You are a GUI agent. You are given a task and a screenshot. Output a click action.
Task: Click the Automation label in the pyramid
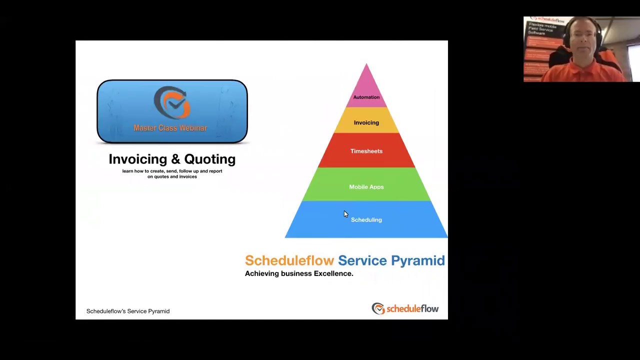(366, 97)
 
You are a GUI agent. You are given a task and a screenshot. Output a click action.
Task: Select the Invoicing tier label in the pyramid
(366, 122)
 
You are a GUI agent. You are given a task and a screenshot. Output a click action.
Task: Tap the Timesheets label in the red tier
(366, 151)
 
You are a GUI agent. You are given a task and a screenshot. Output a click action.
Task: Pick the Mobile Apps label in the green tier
(366, 187)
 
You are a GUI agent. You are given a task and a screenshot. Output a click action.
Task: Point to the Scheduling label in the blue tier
(366, 220)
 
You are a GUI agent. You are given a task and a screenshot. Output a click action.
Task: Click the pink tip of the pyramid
(366, 75)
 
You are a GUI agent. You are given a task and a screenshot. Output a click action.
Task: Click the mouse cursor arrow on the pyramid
(345, 214)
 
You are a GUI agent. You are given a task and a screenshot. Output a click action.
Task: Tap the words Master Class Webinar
(170, 128)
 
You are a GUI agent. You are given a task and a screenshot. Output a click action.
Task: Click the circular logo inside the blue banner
(171, 102)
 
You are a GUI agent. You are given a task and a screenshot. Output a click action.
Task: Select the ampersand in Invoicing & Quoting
(175, 159)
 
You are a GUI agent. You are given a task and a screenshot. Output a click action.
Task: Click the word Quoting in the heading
(210, 159)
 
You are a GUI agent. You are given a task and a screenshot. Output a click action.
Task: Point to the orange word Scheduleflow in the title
(289, 260)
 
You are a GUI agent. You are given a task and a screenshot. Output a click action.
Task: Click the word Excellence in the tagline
(333, 273)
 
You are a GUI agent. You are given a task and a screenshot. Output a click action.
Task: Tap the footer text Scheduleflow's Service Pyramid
(128, 311)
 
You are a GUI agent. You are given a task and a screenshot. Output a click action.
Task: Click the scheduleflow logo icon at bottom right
(378, 308)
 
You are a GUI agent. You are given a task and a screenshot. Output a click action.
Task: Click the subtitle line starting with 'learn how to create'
(172, 171)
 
